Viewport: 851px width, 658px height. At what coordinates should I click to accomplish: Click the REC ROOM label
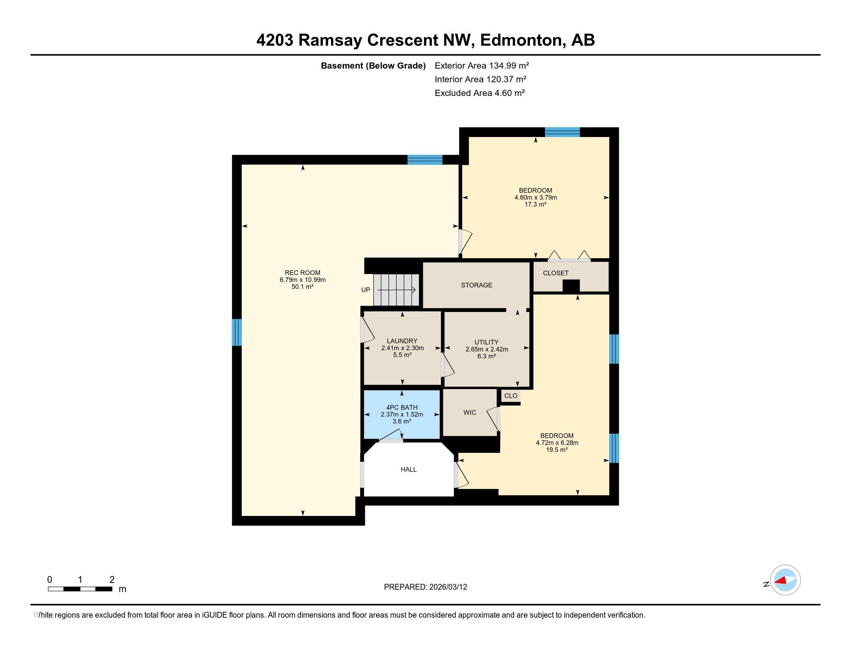302,273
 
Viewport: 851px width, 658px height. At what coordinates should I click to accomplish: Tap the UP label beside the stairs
366,290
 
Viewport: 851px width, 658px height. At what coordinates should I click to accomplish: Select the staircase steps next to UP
396,290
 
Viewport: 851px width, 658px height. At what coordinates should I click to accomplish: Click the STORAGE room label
476,285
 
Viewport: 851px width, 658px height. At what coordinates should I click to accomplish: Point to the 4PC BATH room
402,414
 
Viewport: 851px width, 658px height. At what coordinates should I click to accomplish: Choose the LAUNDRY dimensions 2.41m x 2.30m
402,348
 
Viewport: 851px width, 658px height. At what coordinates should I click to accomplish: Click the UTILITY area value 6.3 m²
486,356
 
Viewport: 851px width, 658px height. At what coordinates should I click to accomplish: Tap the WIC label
470,413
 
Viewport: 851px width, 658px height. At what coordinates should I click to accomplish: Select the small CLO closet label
511,396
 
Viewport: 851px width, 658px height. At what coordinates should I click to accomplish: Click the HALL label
408,470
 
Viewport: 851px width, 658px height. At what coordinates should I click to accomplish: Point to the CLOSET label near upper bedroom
555,273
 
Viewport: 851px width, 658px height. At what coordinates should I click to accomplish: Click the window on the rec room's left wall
236,332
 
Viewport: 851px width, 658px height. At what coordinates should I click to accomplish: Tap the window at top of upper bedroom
562,132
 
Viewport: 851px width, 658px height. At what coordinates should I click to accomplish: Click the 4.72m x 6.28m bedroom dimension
557,443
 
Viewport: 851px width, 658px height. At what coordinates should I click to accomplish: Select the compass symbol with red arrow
785,580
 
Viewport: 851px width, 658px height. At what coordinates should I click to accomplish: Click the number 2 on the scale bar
112,579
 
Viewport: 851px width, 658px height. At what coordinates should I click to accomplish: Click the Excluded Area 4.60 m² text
479,93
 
